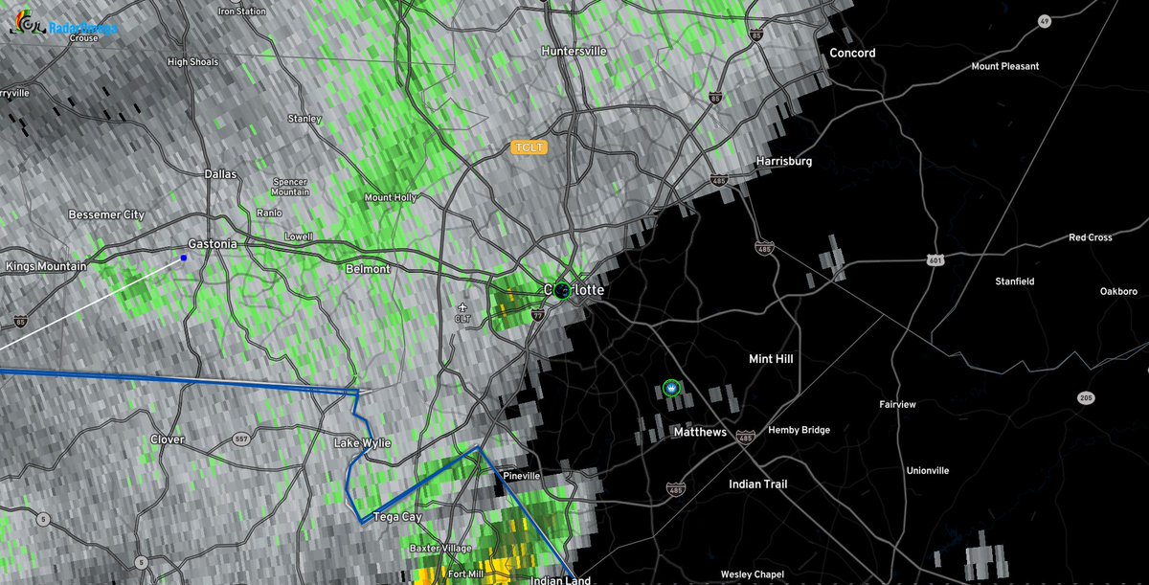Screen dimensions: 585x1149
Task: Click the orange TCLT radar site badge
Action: point(528,148)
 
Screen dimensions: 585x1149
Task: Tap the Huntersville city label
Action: point(574,51)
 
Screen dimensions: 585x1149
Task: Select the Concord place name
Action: point(852,53)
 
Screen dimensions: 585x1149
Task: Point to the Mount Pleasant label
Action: point(1004,66)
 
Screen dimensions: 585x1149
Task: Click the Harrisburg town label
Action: point(783,162)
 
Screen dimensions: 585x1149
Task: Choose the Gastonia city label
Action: point(212,244)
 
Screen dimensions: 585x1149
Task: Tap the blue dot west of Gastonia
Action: point(184,258)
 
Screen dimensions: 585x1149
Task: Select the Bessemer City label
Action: point(106,215)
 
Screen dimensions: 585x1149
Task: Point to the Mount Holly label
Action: point(391,197)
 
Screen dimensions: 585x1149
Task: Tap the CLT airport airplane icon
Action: point(463,307)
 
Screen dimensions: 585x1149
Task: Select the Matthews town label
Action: point(699,433)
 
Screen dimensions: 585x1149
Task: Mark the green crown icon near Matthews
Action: point(670,388)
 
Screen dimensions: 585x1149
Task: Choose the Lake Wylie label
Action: point(362,444)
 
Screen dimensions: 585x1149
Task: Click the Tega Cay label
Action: point(397,517)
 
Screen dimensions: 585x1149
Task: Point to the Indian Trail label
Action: point(757,484)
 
